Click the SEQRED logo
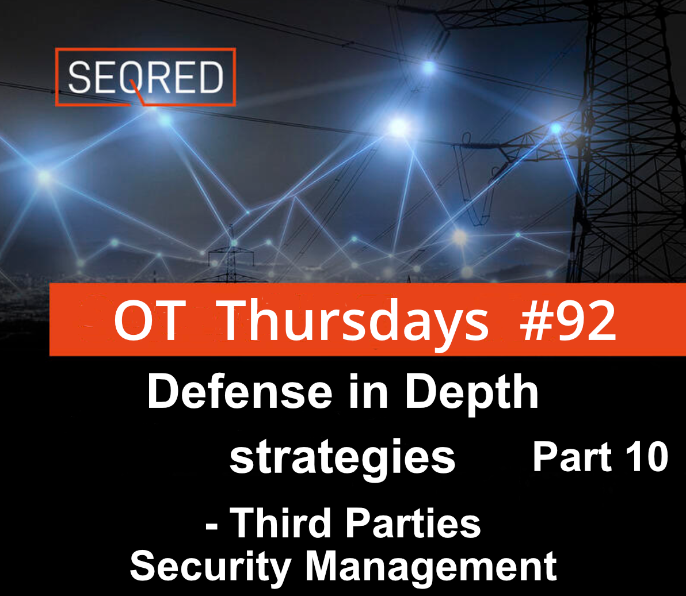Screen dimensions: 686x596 click(x=146, y=77)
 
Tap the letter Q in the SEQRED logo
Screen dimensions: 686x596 click(x=134, y=79)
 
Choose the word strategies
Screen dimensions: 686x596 click(x=342, y=458)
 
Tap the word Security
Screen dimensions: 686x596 click(x=211, y=567)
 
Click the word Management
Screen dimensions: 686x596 click(x=431, y=567)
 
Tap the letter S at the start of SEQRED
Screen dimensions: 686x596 click(x=79, y=77)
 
